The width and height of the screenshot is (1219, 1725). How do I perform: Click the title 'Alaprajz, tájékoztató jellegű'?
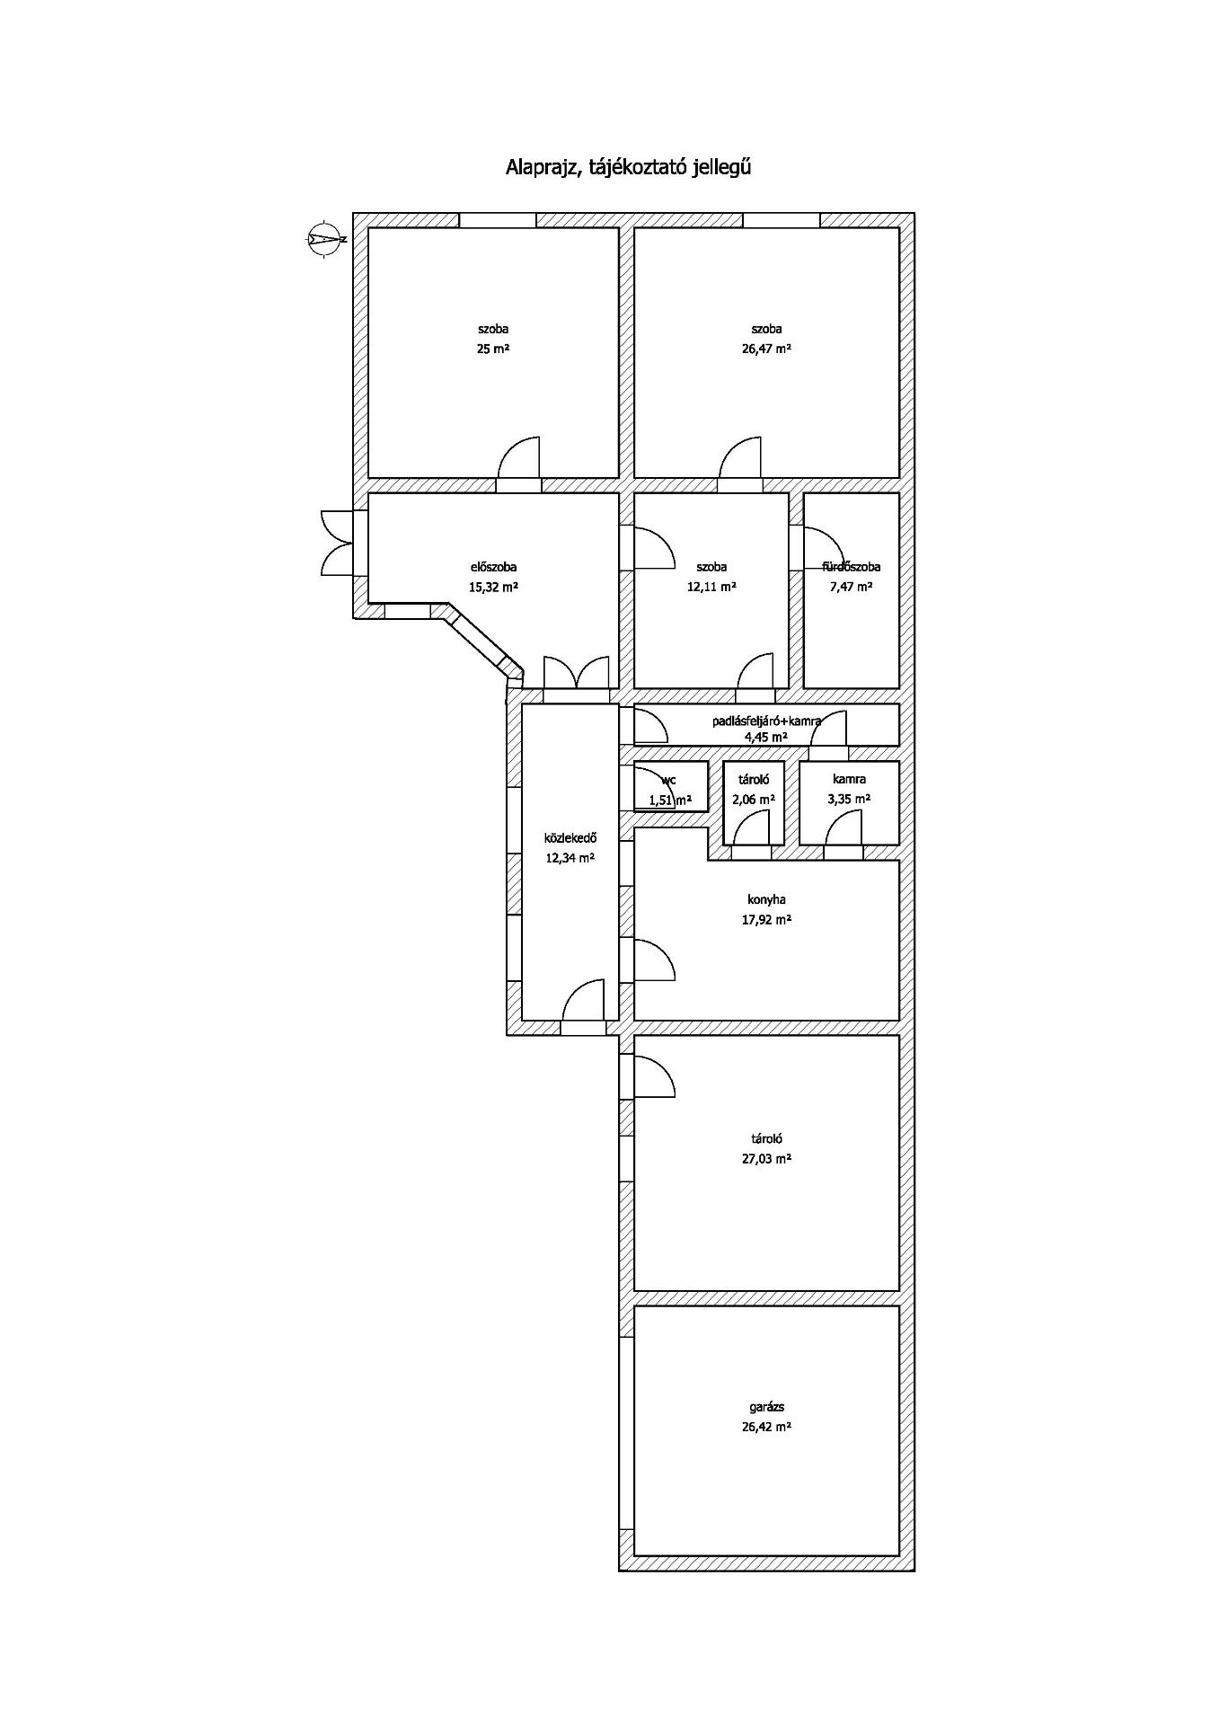[x=628, y=167]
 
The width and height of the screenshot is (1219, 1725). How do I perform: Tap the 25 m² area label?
[x=493, y=349]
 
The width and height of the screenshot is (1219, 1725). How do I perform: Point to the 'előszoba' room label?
[x=493, y=567]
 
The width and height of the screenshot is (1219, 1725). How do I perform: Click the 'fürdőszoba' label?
[x=852, y=567]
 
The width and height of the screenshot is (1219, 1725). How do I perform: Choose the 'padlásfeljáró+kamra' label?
[x=766, y=721]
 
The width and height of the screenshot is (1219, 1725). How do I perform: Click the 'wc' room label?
[x=668, y=780]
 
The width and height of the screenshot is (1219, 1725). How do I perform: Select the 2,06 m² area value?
[x=754, y=799]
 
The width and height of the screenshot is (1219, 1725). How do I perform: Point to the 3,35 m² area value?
[x=849, y=799]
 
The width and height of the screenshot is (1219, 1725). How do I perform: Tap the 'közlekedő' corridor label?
[x=570, y=838]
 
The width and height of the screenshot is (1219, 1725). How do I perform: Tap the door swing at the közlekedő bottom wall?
[x=583, y=1001]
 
